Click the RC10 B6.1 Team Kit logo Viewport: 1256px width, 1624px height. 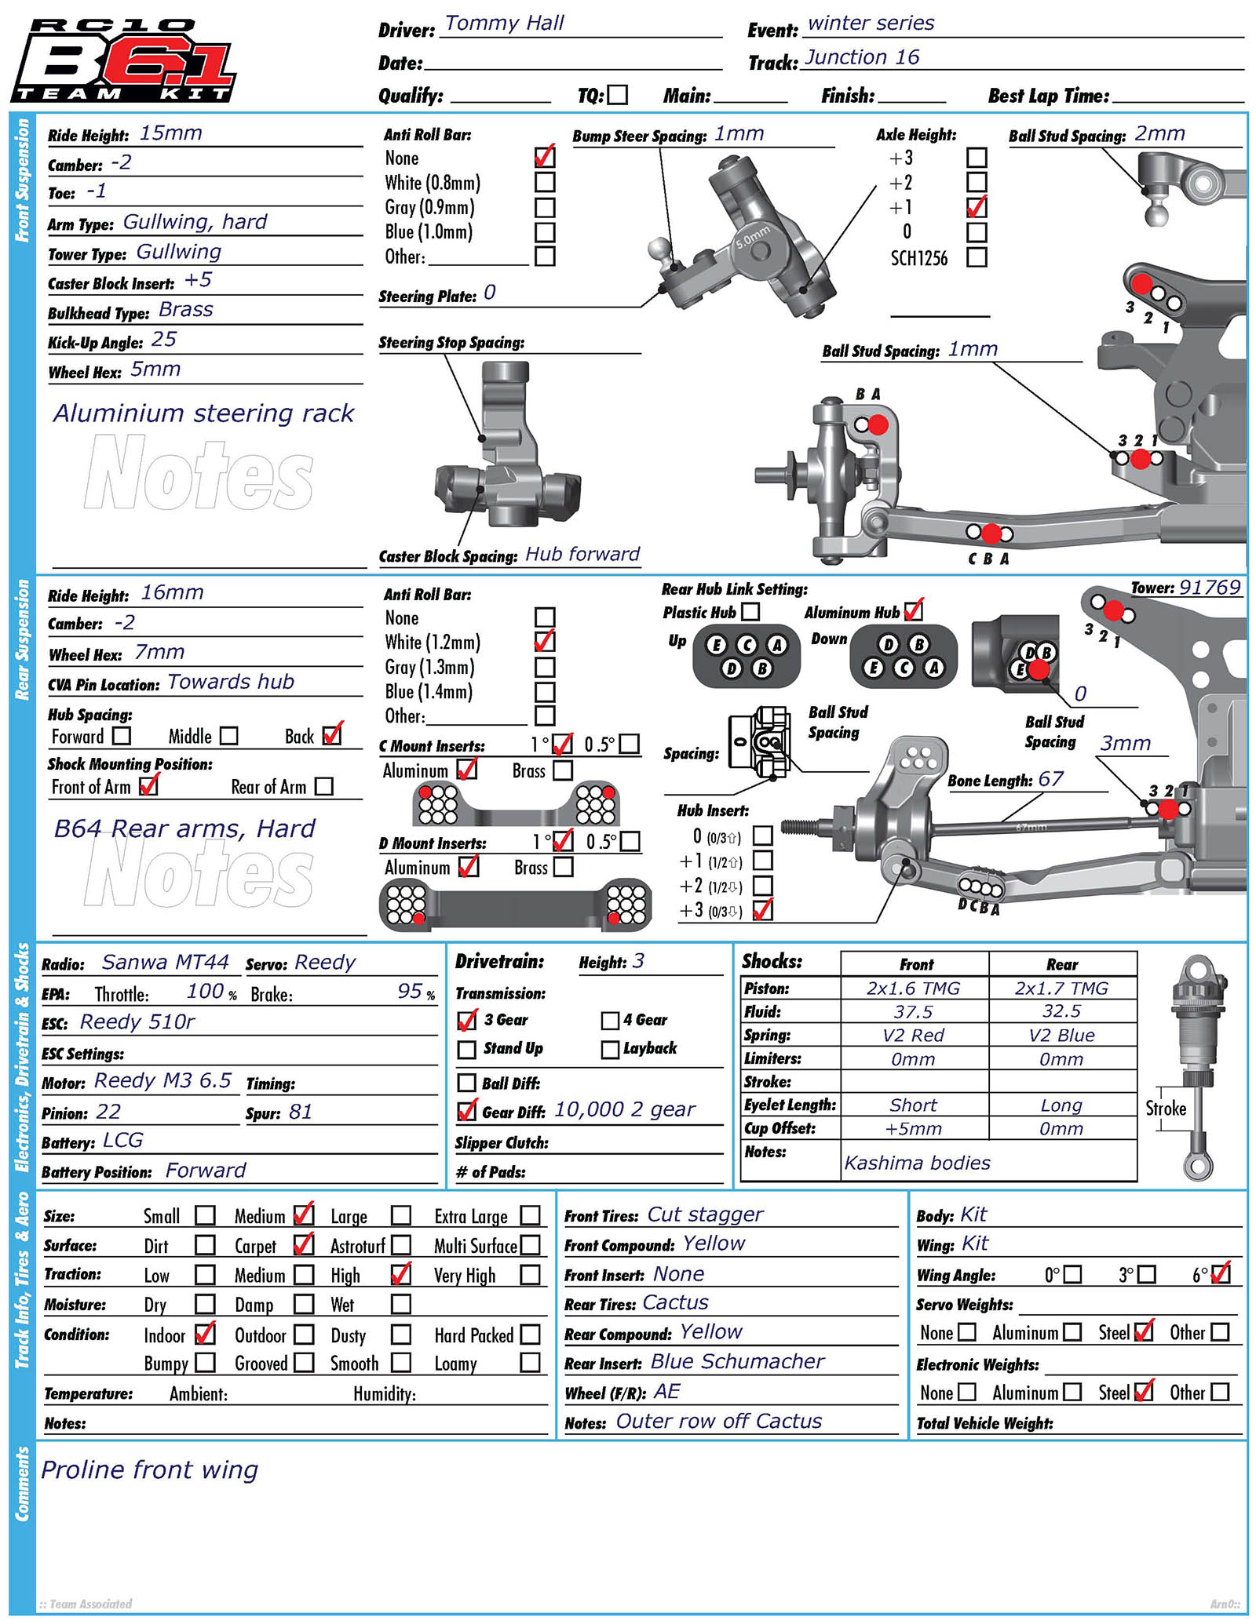click(x=123, y=61)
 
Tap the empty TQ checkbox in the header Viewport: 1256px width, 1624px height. click(x=618, y=95)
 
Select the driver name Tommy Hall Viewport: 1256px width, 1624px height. click(x=504, y=24)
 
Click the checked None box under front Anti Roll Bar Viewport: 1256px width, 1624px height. click(x=544, y=157)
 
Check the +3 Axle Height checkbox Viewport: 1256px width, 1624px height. click(x=977, y=158)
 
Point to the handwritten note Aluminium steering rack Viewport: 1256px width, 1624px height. click(x=203, y=413)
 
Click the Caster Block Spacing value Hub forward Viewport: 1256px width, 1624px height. click(x=582, y=554)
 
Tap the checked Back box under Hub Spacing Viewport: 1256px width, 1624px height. click(x=332, y=735)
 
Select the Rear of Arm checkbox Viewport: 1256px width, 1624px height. click(x=323, y=786)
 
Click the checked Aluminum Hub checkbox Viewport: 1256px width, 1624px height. click(x=913, y=610)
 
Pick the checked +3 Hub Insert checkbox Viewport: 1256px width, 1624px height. click(x=762, y=910)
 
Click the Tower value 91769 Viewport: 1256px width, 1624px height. click(x=1210, y=588)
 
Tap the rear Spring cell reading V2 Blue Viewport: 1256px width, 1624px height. click(x=1061, y=1035)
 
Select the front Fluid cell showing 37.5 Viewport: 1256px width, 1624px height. click(x=913, y=1012)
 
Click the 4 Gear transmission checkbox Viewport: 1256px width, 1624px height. click(x=610, y=1020)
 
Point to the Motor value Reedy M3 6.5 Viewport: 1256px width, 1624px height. click(x=162, y=1081)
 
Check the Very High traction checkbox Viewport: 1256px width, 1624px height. click(x=530, y=1275)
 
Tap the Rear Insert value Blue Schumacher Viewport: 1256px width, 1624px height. click(x=737, y=1362)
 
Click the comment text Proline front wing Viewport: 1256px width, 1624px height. click(x=149, y=1470)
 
